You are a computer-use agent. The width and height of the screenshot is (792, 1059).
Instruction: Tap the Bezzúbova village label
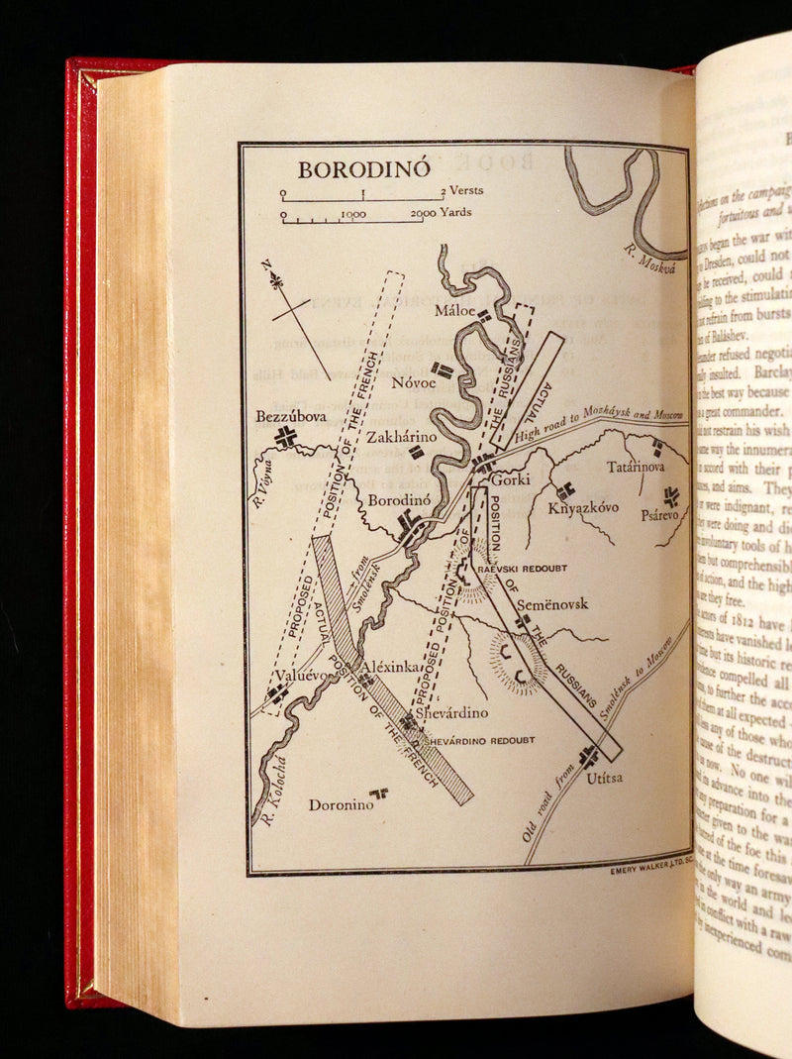(285, 416)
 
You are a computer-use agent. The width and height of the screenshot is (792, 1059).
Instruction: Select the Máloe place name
(455, 311)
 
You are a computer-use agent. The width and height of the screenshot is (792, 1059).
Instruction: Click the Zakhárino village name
(400, 436)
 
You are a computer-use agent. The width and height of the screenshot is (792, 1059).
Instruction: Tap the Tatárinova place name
(636, 466)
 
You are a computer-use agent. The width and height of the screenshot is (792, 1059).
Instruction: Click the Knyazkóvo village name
(585, 507)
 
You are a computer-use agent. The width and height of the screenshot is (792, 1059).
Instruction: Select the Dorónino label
(341, 804)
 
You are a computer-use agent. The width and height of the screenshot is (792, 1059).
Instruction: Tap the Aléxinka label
(393, 667)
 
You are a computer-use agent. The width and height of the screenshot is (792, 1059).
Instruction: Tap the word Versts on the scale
(466, 190)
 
